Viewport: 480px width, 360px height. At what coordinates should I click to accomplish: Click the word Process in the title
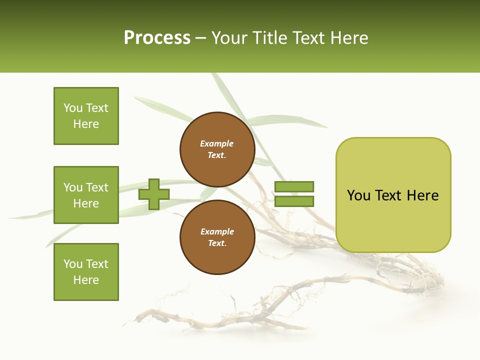(x=157, y=38)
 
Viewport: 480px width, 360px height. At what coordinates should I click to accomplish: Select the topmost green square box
(x=86, y=116)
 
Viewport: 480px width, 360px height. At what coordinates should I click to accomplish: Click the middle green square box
(x=86, y=195)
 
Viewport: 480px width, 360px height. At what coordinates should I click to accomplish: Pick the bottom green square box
(x=86, y=272)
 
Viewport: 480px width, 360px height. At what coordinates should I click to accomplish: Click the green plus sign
(x=154, y=194)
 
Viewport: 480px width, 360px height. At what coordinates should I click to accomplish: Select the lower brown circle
(x=217, y=237)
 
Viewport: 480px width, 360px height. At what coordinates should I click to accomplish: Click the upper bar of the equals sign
(x=294, y=186)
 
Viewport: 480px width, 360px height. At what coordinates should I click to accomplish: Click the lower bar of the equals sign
(x=294, y=201)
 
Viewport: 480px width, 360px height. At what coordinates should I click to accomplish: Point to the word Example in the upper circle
(x=216, y=143)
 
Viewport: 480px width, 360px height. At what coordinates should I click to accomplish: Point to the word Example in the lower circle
(x=217, y=231)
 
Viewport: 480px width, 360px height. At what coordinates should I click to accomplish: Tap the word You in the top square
(x=73, y=108)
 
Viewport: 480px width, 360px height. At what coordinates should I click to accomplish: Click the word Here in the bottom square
(x=86, y=280)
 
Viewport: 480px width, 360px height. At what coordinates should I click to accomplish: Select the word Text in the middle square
(x=96, y=187)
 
